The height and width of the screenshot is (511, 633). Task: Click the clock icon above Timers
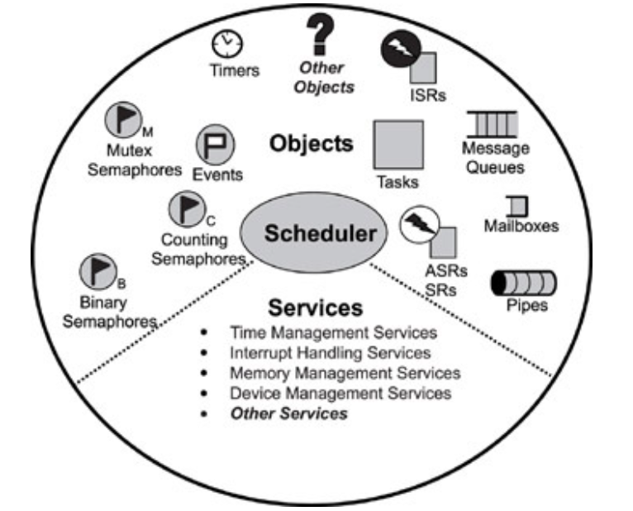click(224, 42)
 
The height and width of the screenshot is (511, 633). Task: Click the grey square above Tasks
click(398, 146)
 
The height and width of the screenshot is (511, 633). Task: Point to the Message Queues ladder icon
click(493, 125)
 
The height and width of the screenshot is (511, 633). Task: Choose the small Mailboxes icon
click(518, 205)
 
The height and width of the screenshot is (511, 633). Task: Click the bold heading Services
click(315, 308)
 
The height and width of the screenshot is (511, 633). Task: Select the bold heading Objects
click(311, 143)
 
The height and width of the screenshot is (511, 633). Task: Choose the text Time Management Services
click(334, 333)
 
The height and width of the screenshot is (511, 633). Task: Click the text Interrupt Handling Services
click(331, 353)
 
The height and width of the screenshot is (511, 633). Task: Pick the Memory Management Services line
click(345, 373)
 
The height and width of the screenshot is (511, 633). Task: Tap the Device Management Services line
click(341, 393)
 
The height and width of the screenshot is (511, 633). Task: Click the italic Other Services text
click(289, 413)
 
